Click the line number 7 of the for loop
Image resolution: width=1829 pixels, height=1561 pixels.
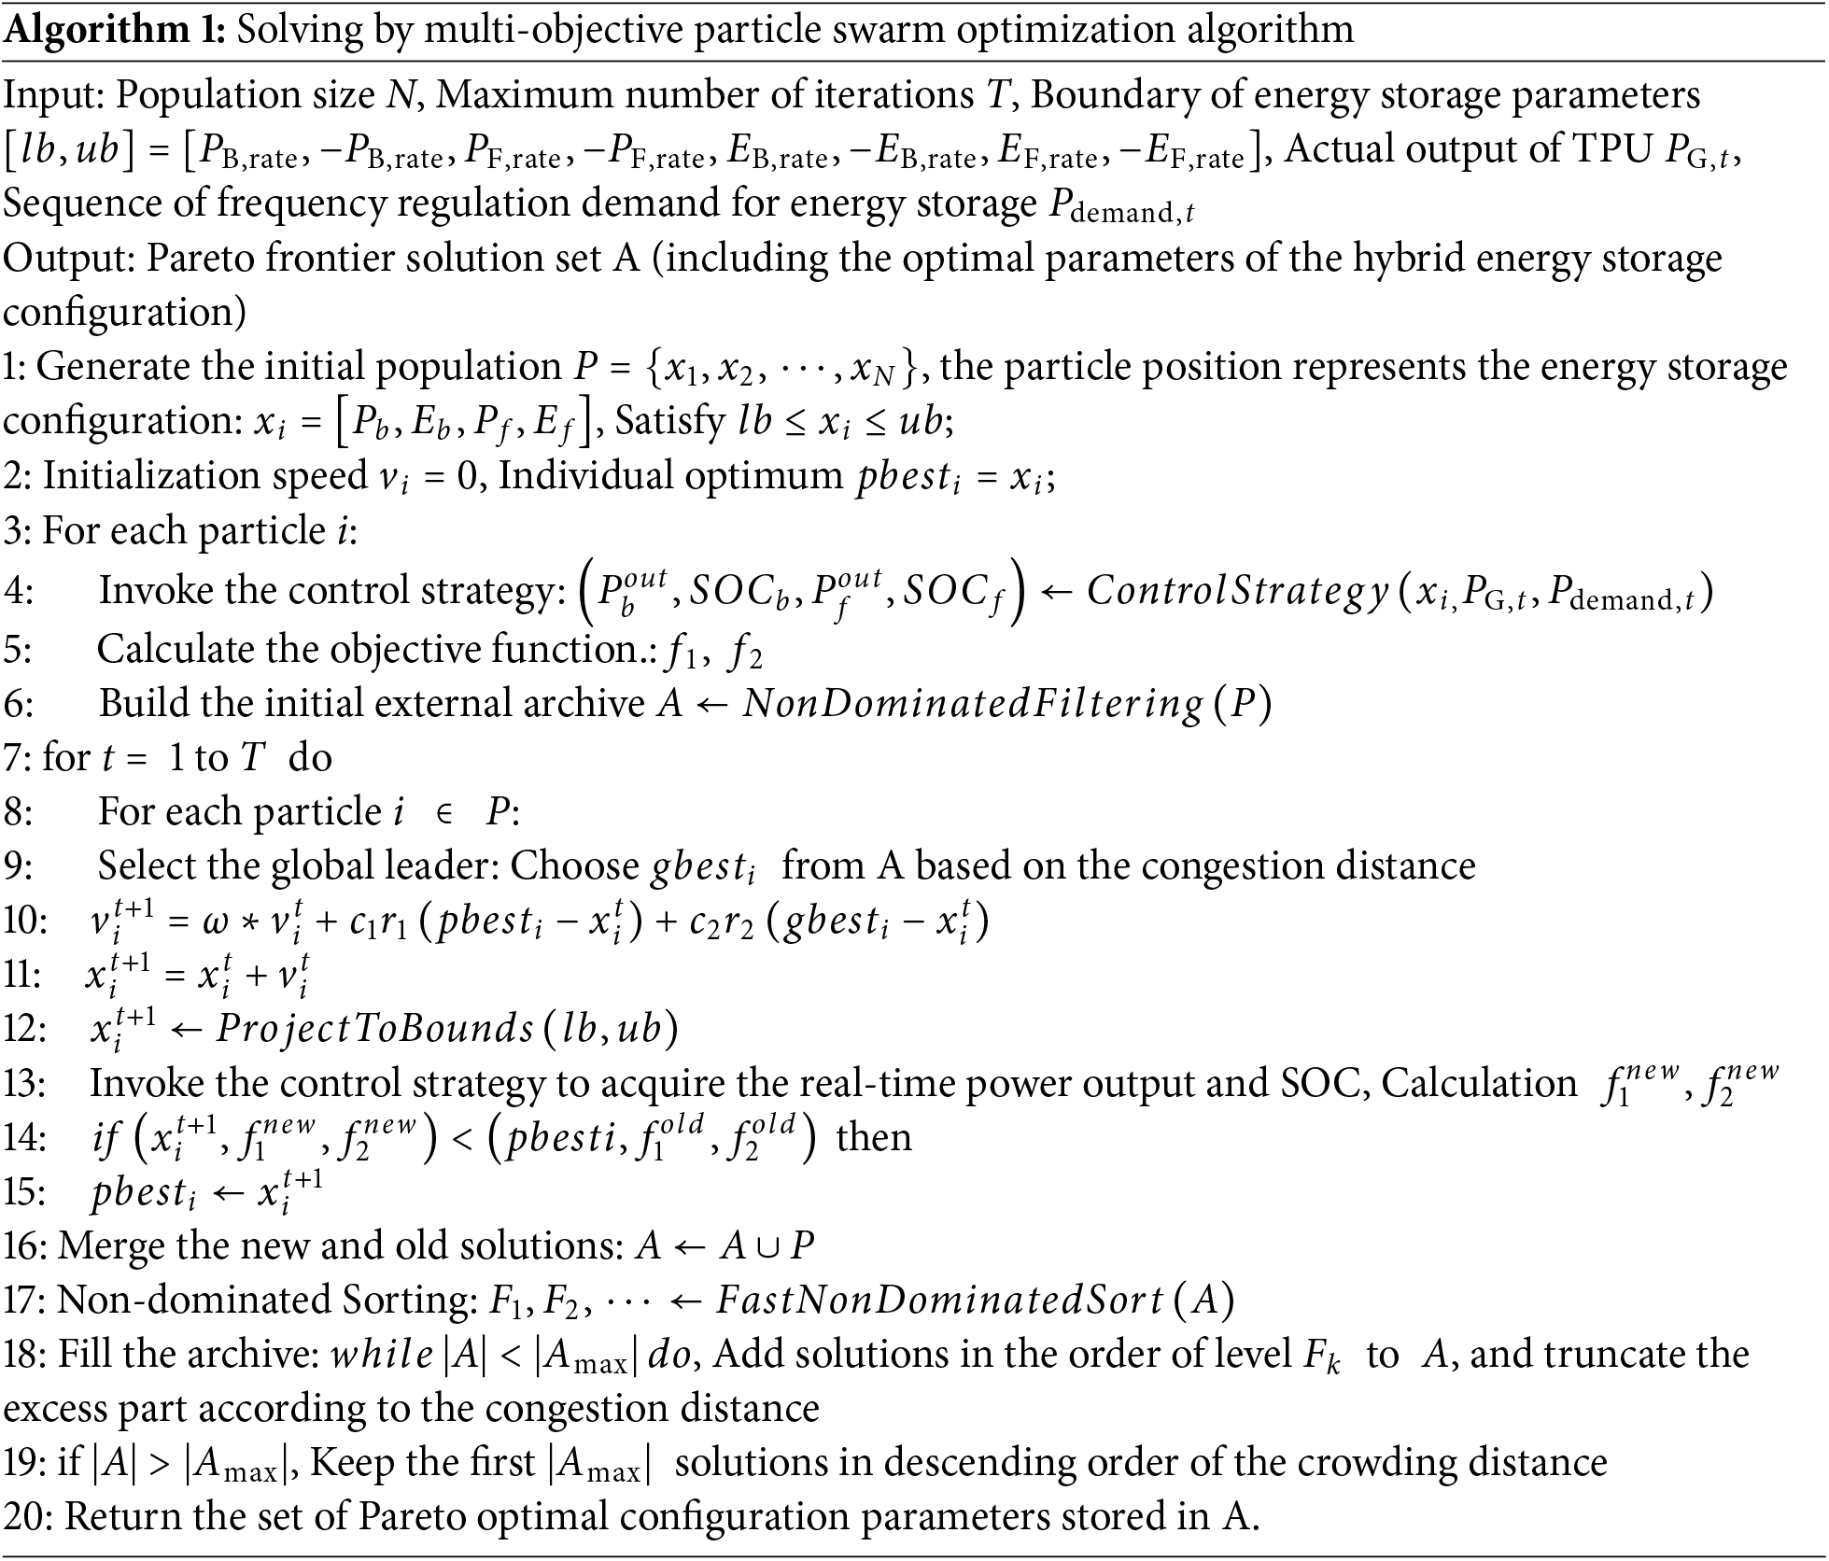coord(16,757)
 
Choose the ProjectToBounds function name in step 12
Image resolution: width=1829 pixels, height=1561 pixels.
coord(374,1029)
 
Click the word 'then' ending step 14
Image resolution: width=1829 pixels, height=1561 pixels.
coord(874,1138)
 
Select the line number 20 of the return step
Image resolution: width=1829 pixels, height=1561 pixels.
coord(27,1517)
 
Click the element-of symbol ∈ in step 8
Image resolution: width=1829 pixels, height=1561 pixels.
coord(444,813)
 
